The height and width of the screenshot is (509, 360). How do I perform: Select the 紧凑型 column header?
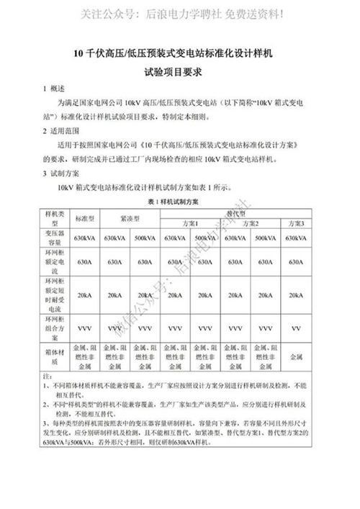click(x=132, y=218)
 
